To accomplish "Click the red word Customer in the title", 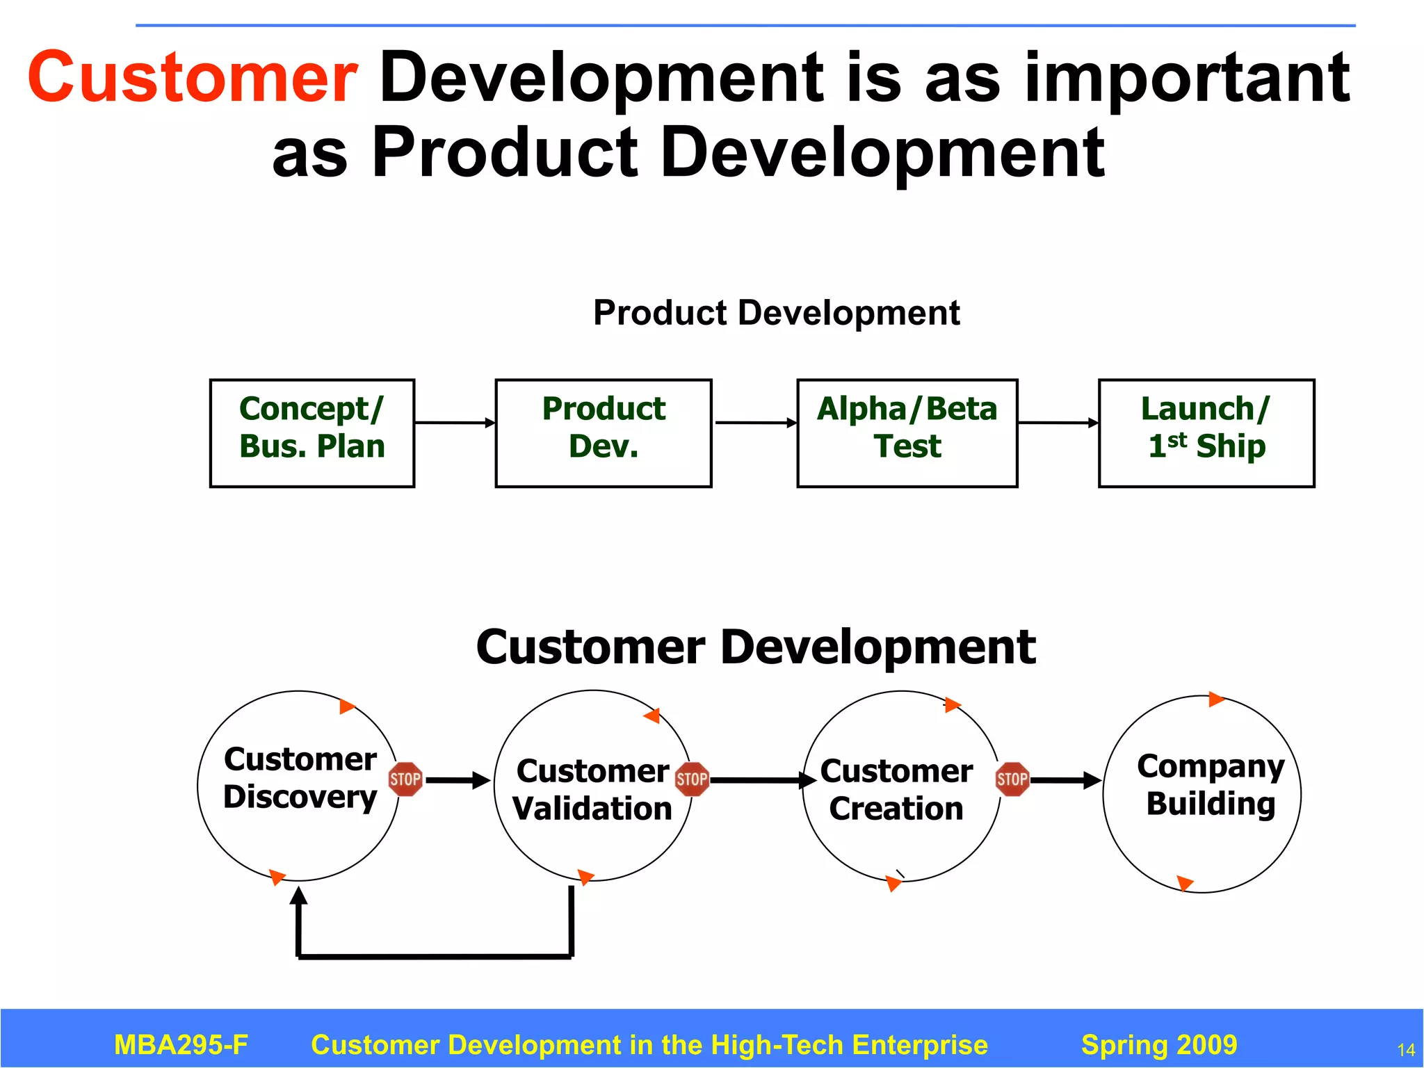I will click(x=193, y=78).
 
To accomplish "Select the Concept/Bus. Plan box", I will click(x=312, y=432).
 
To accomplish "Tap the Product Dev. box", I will click(x=603, y=432).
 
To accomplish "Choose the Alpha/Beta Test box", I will click(x=907, y=432).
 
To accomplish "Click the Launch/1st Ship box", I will click(x=1206, y=432).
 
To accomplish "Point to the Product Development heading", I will click(x=776, y=313).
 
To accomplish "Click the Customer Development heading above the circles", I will click(x=756, y=647).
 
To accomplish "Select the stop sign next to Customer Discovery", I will click(x=405, y=779).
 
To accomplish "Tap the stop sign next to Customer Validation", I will click(x=692, y=779).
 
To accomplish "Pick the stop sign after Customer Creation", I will click(x=1012, y=779).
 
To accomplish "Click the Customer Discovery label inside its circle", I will click(x=300, y=777).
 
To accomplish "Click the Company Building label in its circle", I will click(x=1211, y=784).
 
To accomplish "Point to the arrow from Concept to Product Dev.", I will click(x=455, y=422).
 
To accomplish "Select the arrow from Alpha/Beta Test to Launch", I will click(x=1058, y=422).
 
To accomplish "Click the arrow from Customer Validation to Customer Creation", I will click(x=762, y=780).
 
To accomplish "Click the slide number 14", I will click(x=1405, y=1050).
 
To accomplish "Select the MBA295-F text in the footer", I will click(x=181, y=1045).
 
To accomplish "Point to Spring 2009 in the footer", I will click(x=1159, y=1045).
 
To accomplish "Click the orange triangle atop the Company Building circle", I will click(x=1216, y=699).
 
